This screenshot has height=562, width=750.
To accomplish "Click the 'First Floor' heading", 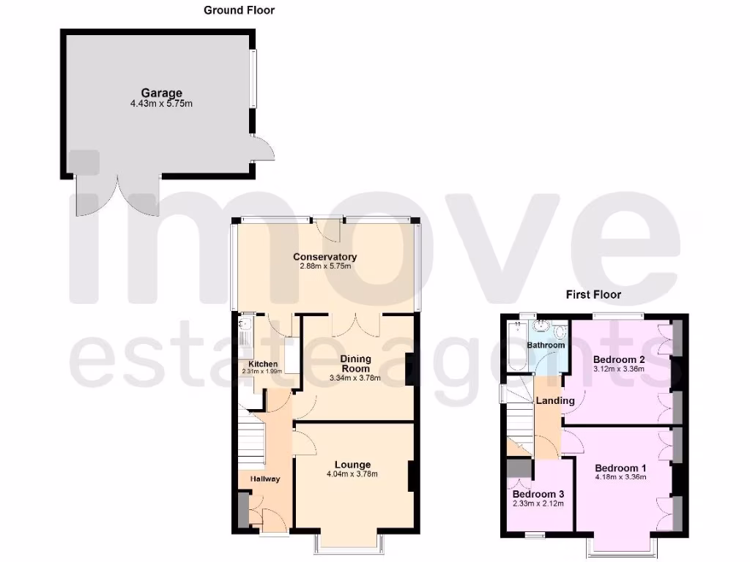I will [593, 295].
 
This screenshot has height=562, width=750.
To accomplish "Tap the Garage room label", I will [162, 93].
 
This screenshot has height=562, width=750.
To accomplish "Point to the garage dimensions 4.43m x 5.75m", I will [162, 104].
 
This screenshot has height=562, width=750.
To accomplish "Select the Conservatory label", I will [324, 257].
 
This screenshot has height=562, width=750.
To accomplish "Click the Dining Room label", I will [355, 364].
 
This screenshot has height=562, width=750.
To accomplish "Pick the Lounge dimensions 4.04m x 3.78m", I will [352, 474].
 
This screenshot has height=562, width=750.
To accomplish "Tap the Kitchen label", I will [262, 364].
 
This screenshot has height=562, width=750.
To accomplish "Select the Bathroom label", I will [546, 345].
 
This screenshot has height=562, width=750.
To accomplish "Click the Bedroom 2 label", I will [619, 359].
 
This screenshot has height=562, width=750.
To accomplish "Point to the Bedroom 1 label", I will [620, 468].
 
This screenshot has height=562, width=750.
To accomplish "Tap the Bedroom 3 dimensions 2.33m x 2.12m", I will [538, 503].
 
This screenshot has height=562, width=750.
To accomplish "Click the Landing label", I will [555, 400].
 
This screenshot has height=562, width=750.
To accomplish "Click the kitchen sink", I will [245, 324].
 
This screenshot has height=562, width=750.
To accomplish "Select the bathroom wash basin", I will [543, 326].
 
